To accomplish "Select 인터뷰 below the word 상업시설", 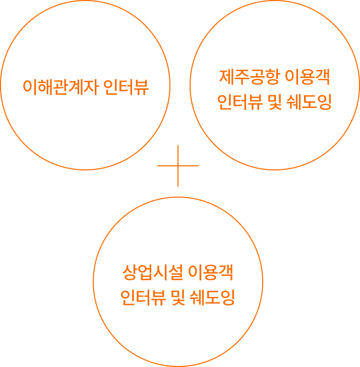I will pyautogui.click(x=144, y=298).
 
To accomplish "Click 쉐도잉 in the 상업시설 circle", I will pyautogui.click(x=216, y=298).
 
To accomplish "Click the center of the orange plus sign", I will pyautogui.click(x=178, y=166).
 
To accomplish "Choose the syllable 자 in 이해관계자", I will pyautogui.click(x=90, y=87).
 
